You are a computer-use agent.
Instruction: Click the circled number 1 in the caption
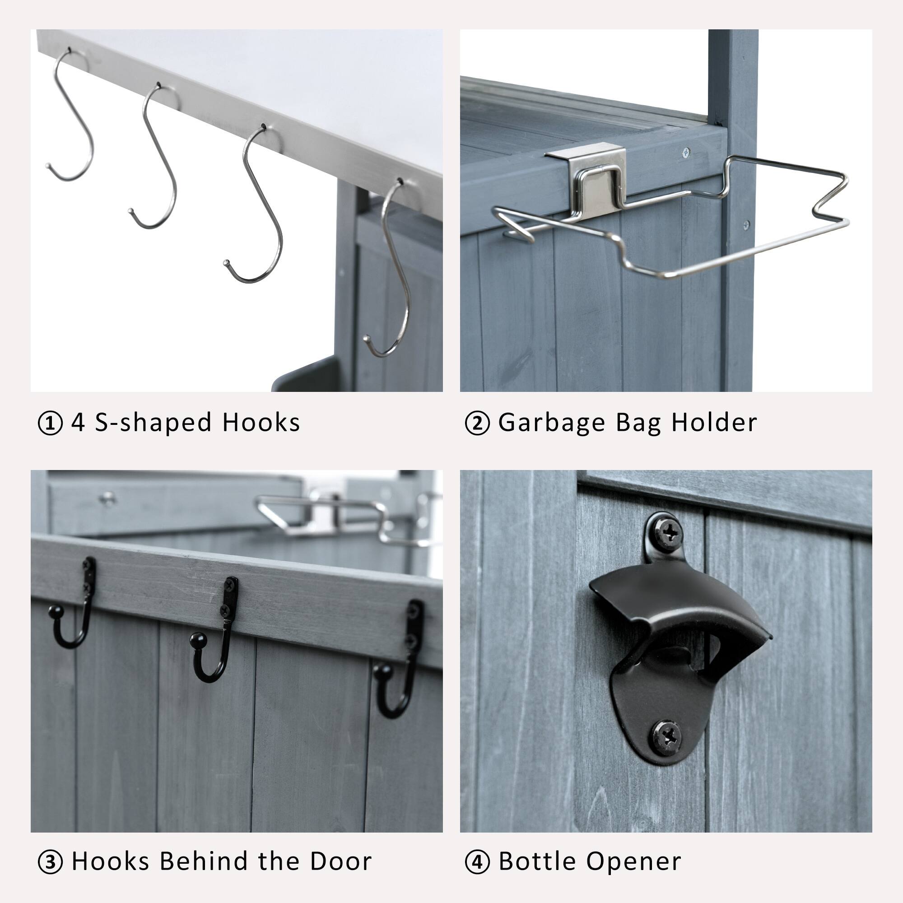tap(50, 424)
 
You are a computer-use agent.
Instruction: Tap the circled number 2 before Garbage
tap(477, 424)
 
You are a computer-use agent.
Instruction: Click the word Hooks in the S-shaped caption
tap(261, 423)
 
